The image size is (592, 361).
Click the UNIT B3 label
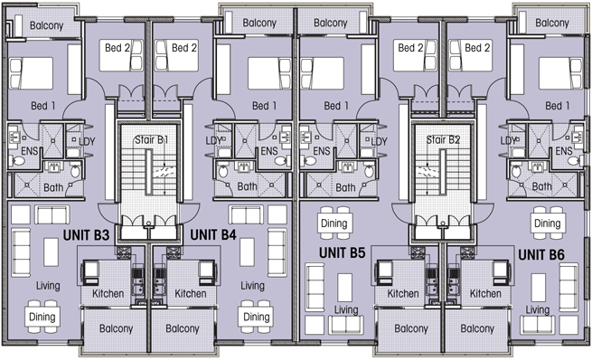86,235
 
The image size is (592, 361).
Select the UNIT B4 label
213,235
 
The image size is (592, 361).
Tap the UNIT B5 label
342,253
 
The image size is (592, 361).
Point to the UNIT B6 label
541,255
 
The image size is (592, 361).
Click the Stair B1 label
151,140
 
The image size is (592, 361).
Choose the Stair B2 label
443,140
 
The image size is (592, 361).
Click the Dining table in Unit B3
42,317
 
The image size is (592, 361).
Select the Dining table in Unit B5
334,223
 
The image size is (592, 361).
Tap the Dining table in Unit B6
548,223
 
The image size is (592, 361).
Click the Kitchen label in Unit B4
191,294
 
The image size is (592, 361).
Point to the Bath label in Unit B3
53,187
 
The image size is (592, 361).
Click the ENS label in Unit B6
564,151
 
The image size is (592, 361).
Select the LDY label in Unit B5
379,141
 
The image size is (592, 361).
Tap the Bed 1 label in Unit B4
264,106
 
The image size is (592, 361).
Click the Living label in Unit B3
48,286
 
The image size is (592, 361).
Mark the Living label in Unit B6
538,310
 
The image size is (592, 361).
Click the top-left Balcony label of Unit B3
46,25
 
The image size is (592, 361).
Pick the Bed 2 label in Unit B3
117,48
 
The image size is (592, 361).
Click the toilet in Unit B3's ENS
17,161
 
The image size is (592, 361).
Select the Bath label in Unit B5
345,187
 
